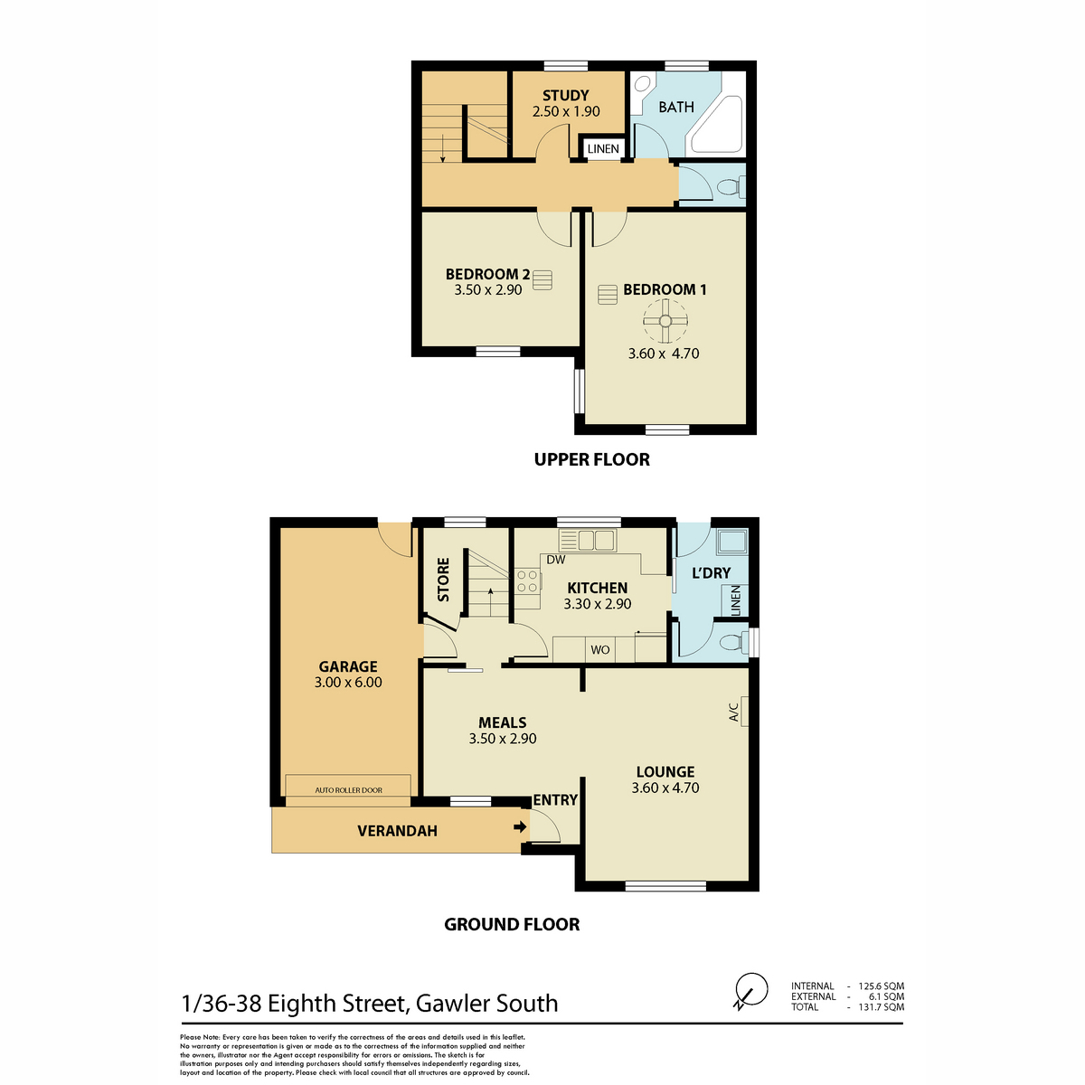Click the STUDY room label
[x=565, y=95]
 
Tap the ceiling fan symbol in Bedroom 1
[x=665, y=321]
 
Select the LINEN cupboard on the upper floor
[x=603, y=148]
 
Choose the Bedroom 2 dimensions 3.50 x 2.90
[x=488, y=290]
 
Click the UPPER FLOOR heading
[x=591, y=459]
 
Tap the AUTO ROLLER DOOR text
[x=348, y=790]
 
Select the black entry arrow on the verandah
[x=520, y=827]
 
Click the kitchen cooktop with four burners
[x=527, y=581]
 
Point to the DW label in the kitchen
[x=556, y=560]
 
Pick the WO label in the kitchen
[x=600, y=650]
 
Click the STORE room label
[x=444, y=580]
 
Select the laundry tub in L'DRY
[x=732, y=541]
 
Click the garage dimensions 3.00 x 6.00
[x=348, y=683]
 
